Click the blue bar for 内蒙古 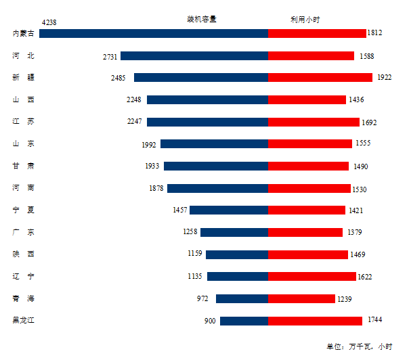(154, 33)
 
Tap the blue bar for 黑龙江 (244, 321)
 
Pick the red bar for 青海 (301, 298)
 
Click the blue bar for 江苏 (207, 122)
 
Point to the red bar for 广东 (305, 232)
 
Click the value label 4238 (49, 22)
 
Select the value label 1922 (385, 77)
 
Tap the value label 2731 (110, 57)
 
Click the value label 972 (202, 298)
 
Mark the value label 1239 (345, 298)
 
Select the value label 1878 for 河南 (156, 188)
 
